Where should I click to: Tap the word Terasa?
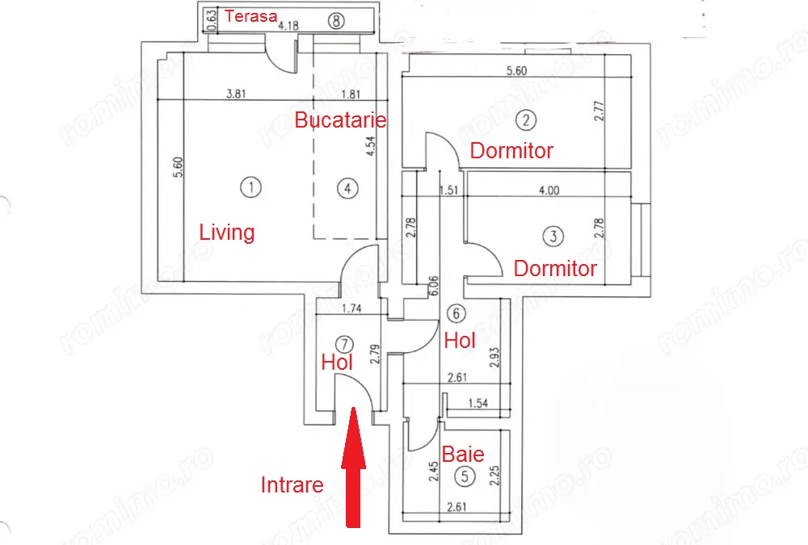point(250,15)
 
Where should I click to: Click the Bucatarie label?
point(340,121)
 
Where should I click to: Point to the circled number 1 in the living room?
point(252,188)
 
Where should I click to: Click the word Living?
point(227,233)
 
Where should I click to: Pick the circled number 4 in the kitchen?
point(346,189)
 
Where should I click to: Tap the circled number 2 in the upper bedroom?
point(526,121)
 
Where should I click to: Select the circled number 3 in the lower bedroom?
point(553,237)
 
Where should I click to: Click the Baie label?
point(463,454)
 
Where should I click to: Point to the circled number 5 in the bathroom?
point(464,476)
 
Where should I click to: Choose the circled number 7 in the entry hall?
point(345,342)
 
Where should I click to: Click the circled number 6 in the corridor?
point(457,314)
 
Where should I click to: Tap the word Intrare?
point(292,485)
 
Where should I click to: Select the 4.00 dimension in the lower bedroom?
point(549,191)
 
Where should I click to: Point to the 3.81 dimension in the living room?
point(235,93)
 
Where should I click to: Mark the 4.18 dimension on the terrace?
point(289,26)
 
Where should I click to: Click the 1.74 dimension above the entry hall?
point(350,308)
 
